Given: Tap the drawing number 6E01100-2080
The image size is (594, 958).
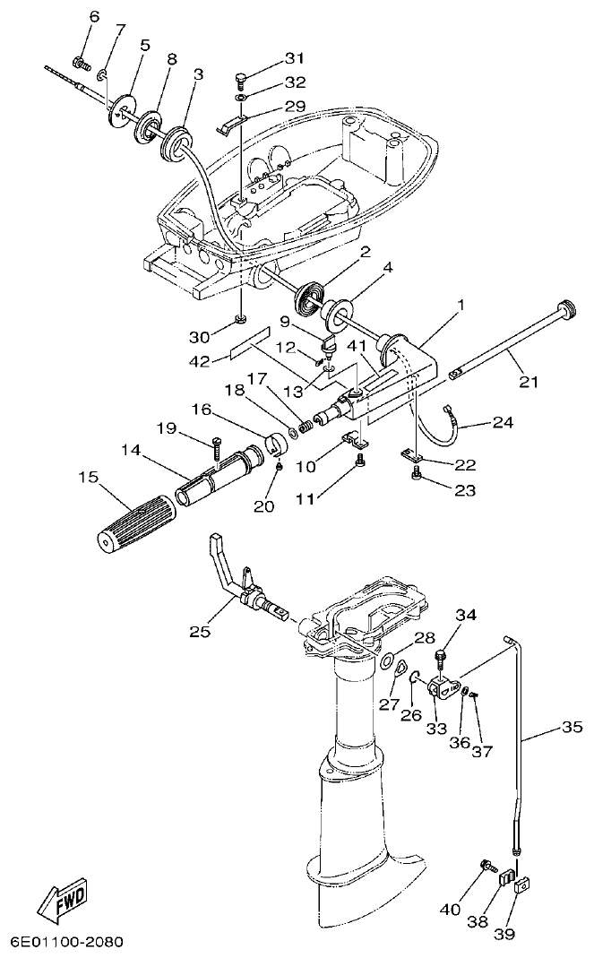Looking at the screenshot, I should (x=66, y=942).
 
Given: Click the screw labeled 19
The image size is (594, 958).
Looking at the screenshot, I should (x=218, y=445).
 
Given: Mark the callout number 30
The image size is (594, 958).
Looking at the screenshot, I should (x=199, y=338).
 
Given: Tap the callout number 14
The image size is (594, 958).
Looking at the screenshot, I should (x=132, y=451).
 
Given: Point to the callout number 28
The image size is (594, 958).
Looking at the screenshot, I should (x=424, y=637).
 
